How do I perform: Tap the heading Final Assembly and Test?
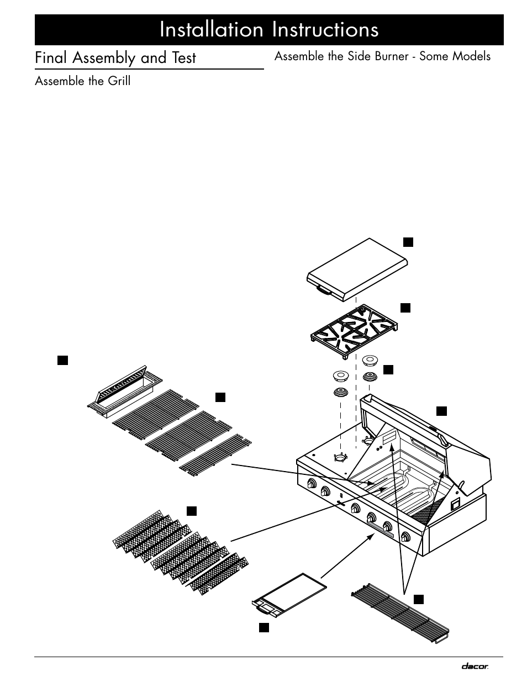(115, 58)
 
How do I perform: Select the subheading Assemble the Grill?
(83, 81)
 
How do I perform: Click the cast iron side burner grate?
(353, 331)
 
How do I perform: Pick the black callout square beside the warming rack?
(419, 599)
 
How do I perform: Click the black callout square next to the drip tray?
(264, 627)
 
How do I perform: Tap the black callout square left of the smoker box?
(62, 361)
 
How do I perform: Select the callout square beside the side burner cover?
(407, 241)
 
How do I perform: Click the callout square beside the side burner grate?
(405, 308)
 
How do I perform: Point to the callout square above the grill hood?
(441, 410)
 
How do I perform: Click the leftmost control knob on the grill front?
(312, 484)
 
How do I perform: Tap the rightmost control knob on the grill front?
(406, 536)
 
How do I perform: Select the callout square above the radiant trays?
(191, 510)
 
